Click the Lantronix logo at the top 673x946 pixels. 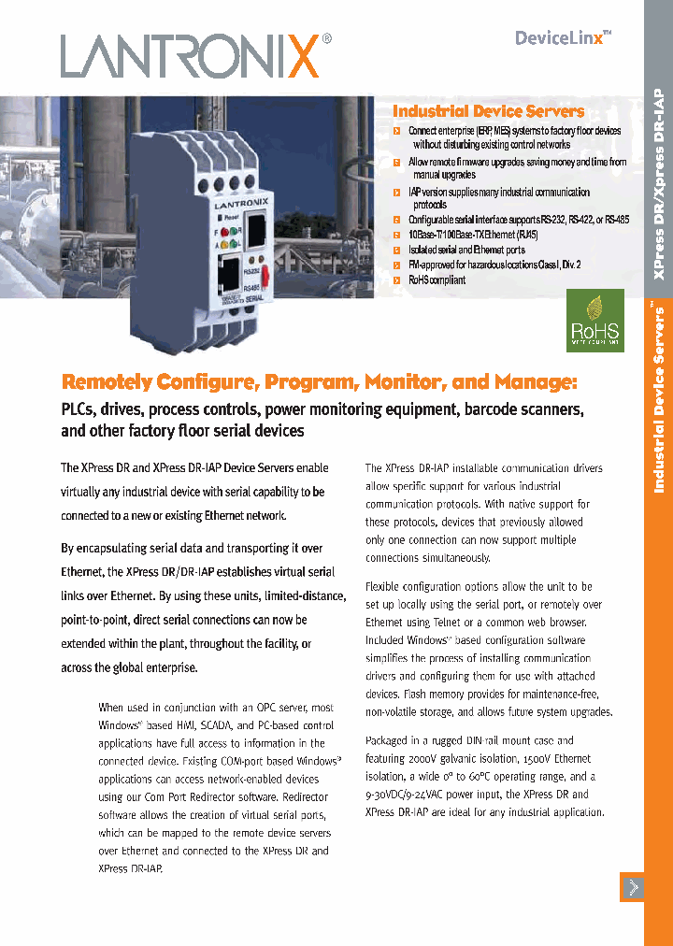[x=195, y=55]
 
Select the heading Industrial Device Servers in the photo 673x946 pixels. [x=488, y=111]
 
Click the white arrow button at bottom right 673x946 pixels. [x=633, y=887]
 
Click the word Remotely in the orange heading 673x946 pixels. [x=107, y=382]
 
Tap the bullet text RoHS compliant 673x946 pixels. [x=437, y=280]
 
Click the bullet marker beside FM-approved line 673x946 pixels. [x=397, y=265]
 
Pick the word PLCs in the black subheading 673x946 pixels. [x=79, y=409]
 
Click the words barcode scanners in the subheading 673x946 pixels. [x=523, y=409]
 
